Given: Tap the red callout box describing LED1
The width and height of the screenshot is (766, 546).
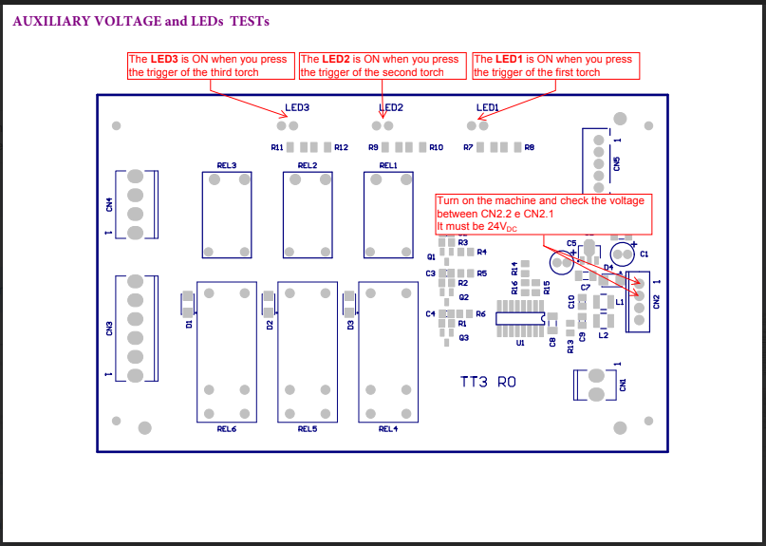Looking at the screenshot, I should pos(555,66).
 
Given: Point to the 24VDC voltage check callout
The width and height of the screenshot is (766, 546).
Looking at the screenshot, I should pos(545,214).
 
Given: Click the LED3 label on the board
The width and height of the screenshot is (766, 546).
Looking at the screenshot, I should pos(297,108).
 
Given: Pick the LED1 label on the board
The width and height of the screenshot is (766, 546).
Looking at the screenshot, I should pos(488,108).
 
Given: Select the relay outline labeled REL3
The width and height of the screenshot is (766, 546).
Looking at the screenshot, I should pos(227,214).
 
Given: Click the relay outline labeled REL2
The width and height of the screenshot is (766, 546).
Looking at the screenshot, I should pos(307,214).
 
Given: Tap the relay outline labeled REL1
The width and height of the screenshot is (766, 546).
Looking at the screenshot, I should pos(387,214).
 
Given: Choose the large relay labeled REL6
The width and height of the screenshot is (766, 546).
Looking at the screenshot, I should pos(227,351).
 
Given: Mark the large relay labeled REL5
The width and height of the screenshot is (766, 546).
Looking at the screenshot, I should pos(308,351).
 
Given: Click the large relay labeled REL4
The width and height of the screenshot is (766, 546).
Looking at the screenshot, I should pos(388,351).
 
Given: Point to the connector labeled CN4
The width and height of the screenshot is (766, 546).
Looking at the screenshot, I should pos(136,205).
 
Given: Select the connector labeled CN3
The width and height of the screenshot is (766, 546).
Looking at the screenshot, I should pos(136,329).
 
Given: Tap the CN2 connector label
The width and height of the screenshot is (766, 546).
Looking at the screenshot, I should pos(655,301).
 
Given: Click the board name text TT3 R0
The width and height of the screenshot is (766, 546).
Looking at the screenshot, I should pos(488,382).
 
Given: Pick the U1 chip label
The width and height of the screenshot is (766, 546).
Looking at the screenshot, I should pos(519,344).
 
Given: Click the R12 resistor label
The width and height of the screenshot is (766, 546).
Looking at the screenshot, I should pos(342,147).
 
